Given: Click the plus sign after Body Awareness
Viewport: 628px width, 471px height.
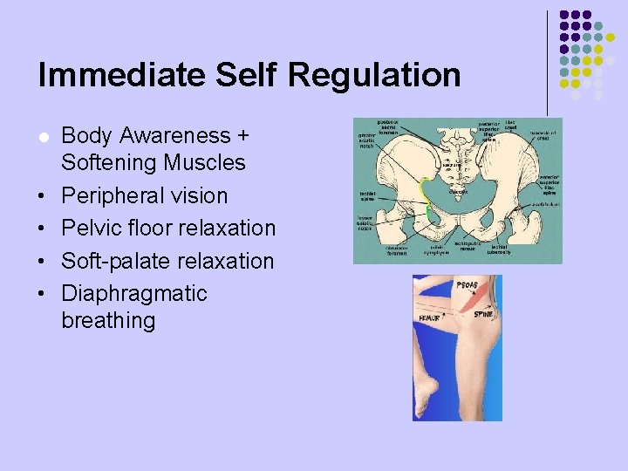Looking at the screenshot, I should click(x=242, y=136).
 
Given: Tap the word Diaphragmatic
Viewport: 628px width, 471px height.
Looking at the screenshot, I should click(x=134, y=293).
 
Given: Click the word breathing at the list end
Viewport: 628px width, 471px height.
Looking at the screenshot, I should click(x=108, y=320).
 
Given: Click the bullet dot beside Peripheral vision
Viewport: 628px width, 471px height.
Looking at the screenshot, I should click(x=43, y=196).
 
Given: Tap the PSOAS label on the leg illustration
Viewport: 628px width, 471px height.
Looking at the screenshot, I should click(x=468, y=285).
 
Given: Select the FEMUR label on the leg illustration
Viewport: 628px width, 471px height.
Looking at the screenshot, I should click(x=430, y=319).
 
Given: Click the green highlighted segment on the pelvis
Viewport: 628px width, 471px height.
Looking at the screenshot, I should click(x=426, y=196).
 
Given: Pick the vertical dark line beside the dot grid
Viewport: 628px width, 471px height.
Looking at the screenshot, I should click(x=547, y=61).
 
